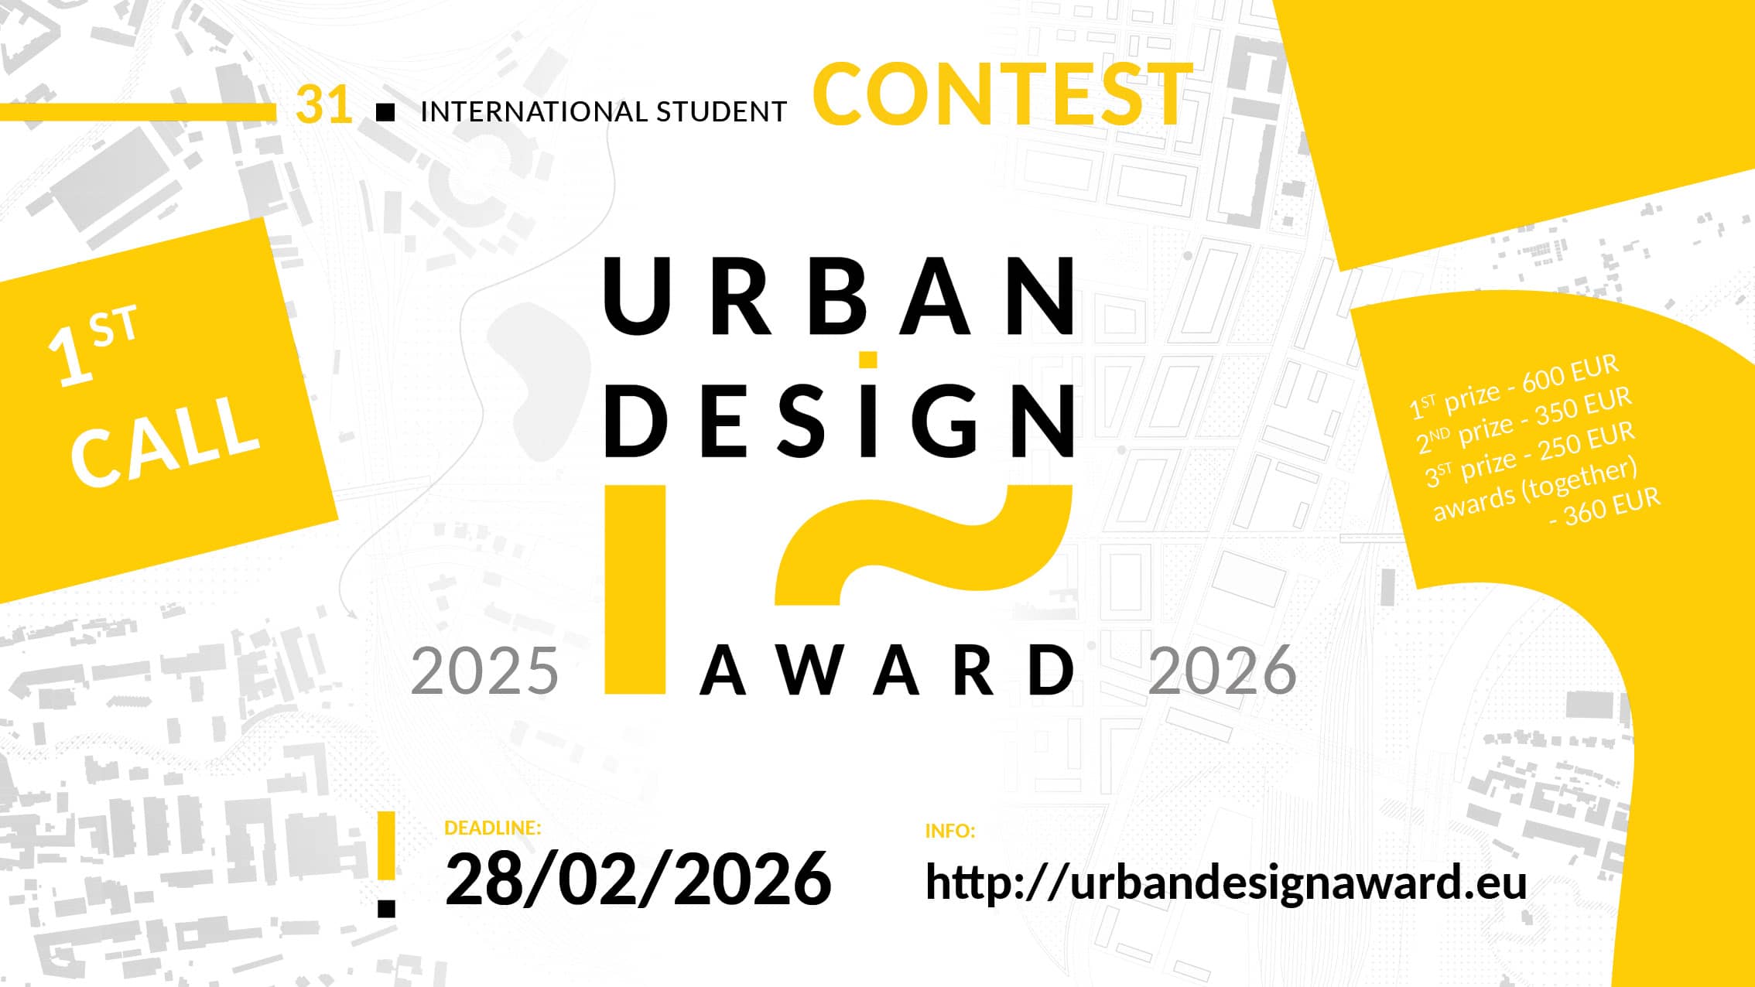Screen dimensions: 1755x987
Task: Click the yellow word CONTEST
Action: pos(1003,94)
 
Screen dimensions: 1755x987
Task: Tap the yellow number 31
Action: pos(324,104)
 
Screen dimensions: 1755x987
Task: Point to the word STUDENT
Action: pos(721,112)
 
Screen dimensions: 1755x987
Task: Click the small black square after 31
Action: pos(385,113)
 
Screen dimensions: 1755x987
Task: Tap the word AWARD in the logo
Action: pos(888,671)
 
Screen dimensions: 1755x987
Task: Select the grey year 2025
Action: pos(484,671)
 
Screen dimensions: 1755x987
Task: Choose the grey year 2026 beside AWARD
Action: pos(1223,671)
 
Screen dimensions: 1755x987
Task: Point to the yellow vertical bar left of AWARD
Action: pos(635,589)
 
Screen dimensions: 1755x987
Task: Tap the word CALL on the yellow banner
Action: pos(165,440)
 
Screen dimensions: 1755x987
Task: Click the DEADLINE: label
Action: pos(492,828)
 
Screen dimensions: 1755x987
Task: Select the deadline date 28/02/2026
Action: pos(638,879)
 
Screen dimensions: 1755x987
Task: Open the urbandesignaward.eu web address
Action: pos(1226,882)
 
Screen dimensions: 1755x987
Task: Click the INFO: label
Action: pos(949,831)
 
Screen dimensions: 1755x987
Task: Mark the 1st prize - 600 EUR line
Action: pos(1514,387)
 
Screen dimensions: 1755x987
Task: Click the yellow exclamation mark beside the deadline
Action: pos(386,864)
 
